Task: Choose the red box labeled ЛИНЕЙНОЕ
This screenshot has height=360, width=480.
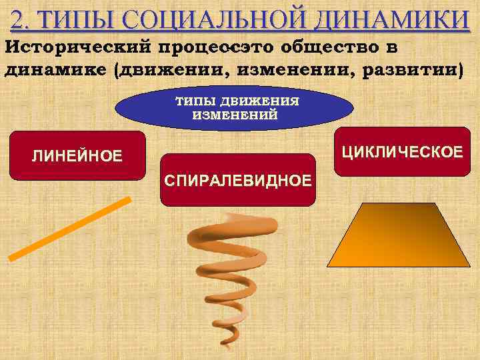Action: coord(78,156)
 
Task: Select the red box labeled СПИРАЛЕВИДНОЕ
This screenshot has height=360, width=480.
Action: coord(237,180)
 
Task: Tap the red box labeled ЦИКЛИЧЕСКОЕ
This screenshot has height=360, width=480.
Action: coord(401,151)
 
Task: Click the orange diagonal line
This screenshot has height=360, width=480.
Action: coord(69,228)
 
